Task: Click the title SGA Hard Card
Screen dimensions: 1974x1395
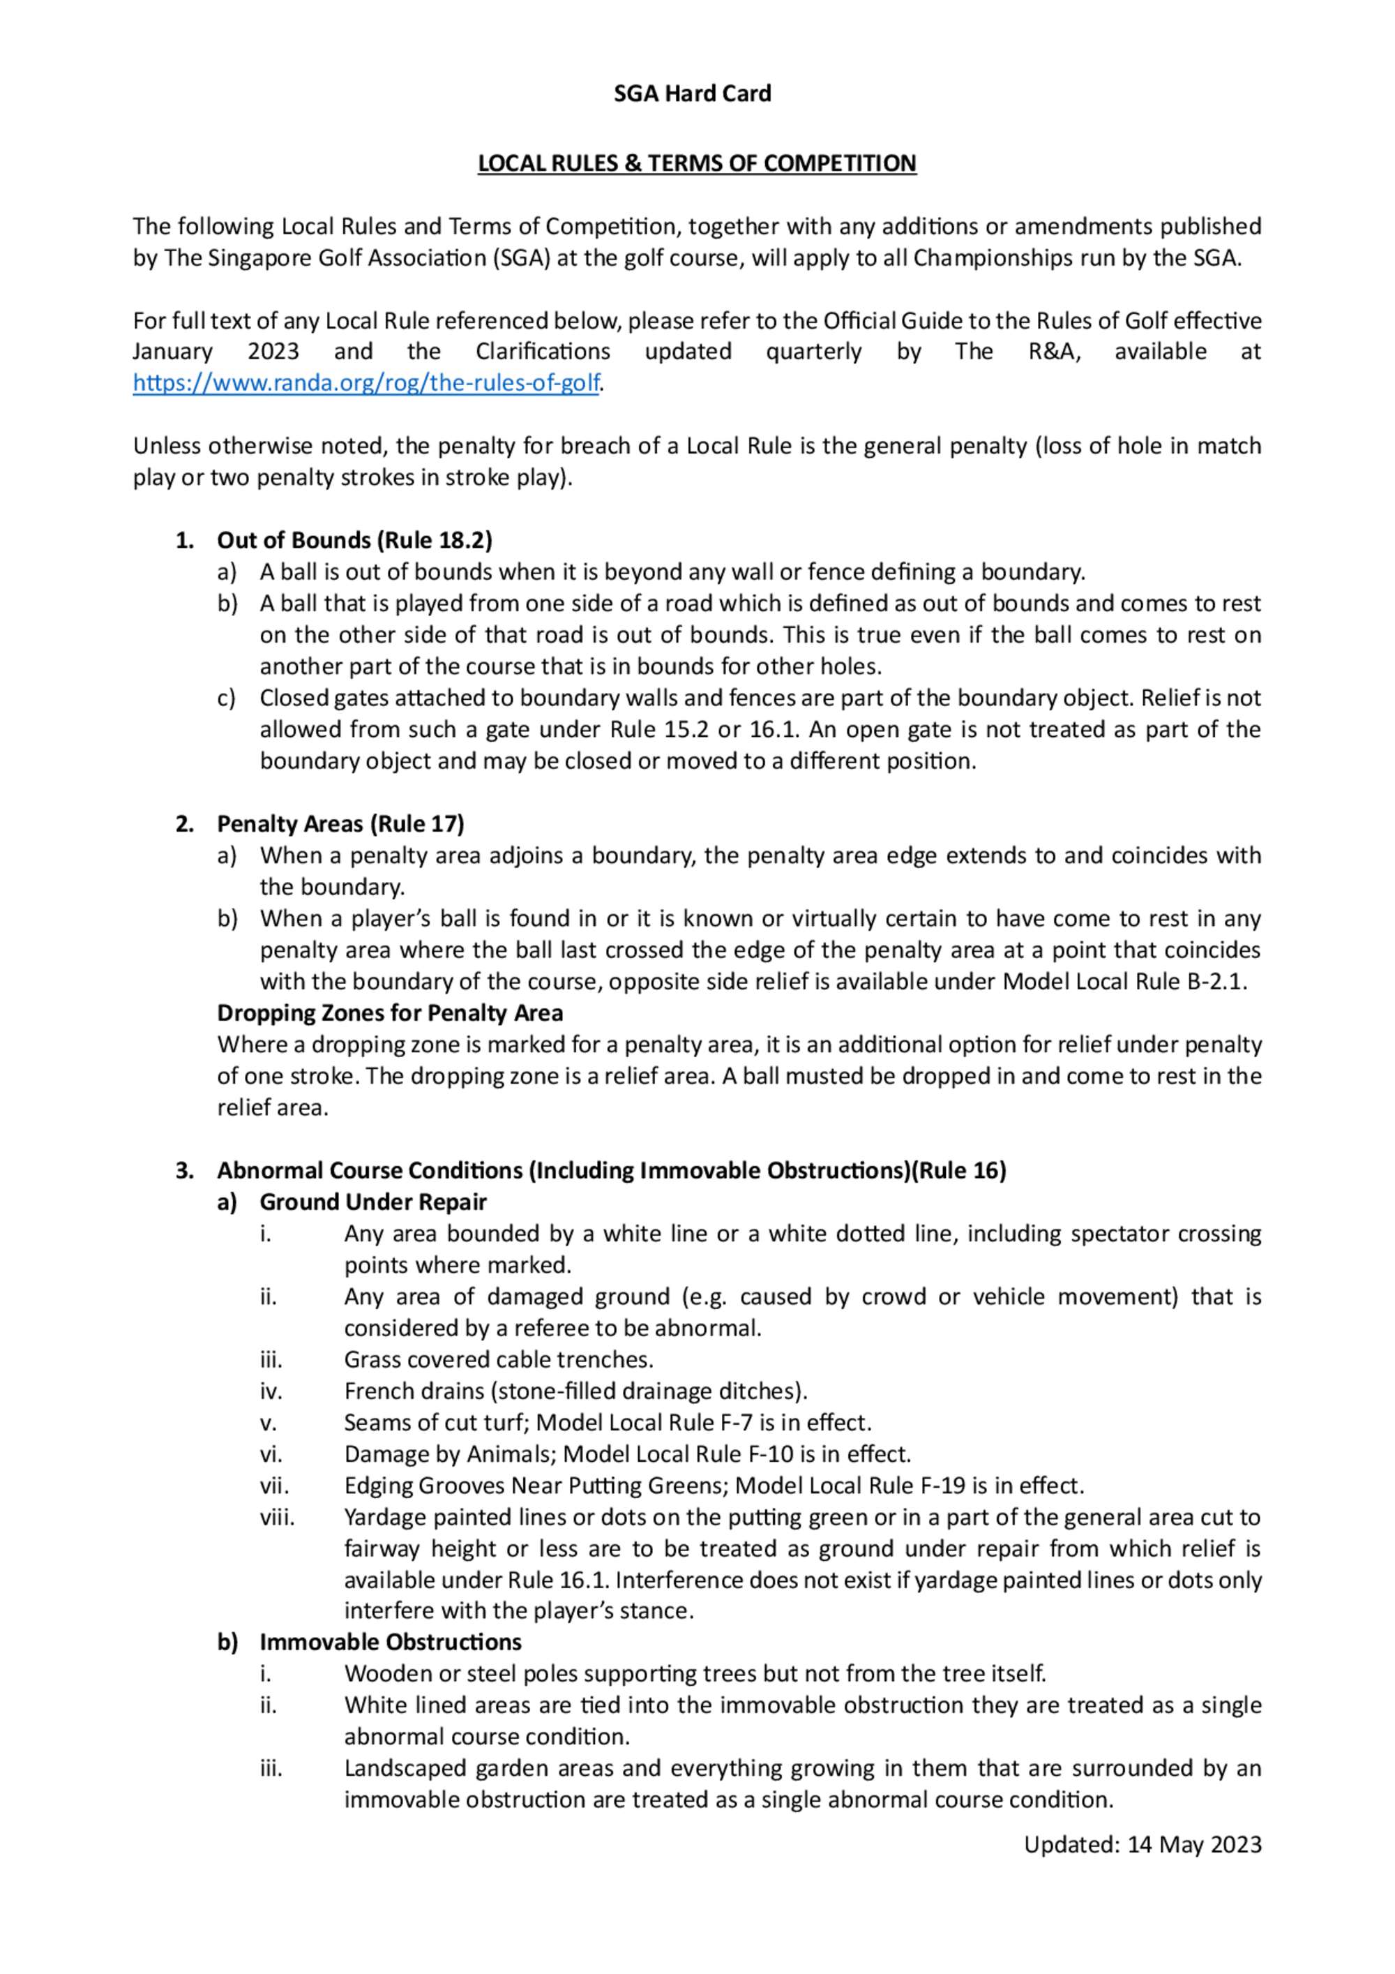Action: pos(692,93)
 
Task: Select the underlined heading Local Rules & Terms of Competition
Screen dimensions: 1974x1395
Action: pos(696,163)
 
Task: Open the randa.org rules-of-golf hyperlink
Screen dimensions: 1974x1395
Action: pos(365,382)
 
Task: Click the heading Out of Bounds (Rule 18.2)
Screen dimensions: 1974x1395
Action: pos(354,540)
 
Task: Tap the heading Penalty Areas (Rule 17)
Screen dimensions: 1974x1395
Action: pos(340,823)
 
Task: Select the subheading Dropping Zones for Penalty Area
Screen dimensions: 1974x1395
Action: pos(389,1012)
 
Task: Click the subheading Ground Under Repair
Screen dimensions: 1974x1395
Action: pos(373,1202)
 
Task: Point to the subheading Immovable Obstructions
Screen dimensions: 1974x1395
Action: pos(390,1642)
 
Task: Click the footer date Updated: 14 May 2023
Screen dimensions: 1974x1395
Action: pos(1143,1845)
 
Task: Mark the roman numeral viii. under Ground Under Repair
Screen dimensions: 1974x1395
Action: pos(277,1518)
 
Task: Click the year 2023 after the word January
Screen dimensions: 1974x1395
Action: pos(273,351)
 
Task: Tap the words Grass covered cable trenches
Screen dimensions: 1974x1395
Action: pos(499,1359)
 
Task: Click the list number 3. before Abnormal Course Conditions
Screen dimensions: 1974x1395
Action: pos(184,1170)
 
